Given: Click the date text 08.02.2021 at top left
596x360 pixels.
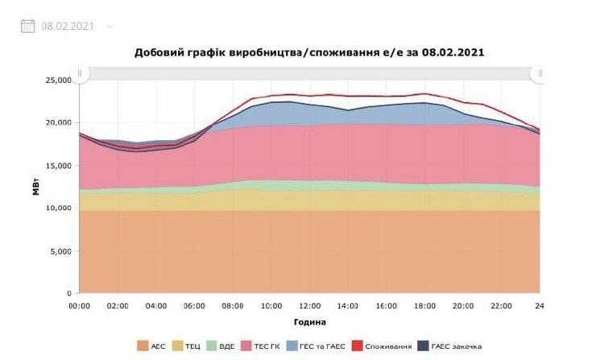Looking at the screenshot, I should (x=68, y=26).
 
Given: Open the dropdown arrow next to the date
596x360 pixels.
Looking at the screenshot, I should (x=110, y=26).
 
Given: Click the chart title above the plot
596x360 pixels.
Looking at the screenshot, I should (x=309, y=52).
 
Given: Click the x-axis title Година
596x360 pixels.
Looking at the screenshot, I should (x=309, y=322).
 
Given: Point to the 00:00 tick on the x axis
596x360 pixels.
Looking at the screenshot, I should (x=79, y=306).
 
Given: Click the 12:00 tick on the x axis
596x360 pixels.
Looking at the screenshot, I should (x=309, y=306).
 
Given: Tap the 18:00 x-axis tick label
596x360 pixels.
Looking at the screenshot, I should (x=424, y=306).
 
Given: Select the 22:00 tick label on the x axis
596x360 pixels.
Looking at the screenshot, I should (x=501, y=306).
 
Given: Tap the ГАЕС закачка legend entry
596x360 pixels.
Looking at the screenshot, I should (x=451, y=346).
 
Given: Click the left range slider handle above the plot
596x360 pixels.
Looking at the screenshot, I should (x=79, y=73).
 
